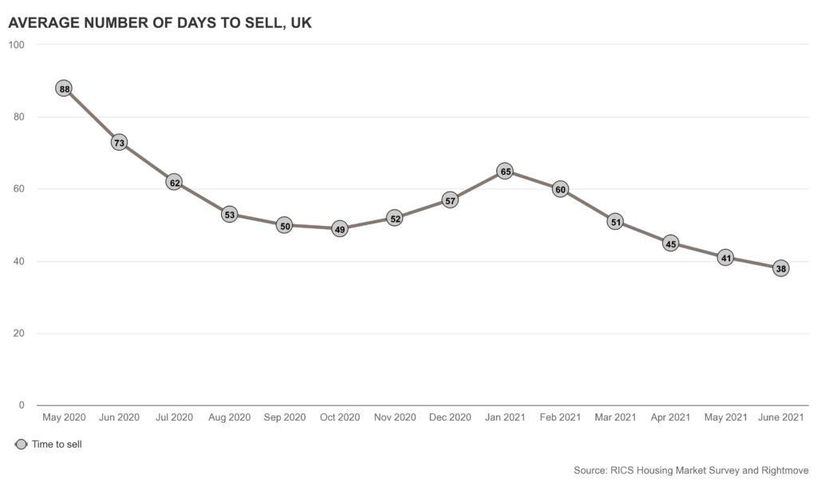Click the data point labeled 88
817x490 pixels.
(x=65, y=89)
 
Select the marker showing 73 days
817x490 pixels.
(x=120, y=143)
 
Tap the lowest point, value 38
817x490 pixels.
(x=780, y=269)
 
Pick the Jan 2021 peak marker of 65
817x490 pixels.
(x=505, y=172)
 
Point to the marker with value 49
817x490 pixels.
(x=340, y=229)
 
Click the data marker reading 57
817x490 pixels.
(x=450, y=200)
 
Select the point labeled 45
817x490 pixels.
(x=670, y=243)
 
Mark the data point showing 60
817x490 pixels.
(x=560, y=189)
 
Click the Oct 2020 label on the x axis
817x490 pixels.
(x=340, y=417)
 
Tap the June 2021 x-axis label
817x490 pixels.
(x=780, y=417)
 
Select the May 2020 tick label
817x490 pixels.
(x=65, y=417)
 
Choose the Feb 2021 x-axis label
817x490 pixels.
(x=560, y=417)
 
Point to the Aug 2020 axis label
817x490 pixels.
(x=230, y=417)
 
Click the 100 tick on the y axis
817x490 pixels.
(x=16, y=45)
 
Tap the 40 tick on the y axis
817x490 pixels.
(x=18, y=262)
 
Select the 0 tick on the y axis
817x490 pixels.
(x=22, y=405)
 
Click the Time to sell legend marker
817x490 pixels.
(x=21, y=445)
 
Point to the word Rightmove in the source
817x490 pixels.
(x=774, y=470)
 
